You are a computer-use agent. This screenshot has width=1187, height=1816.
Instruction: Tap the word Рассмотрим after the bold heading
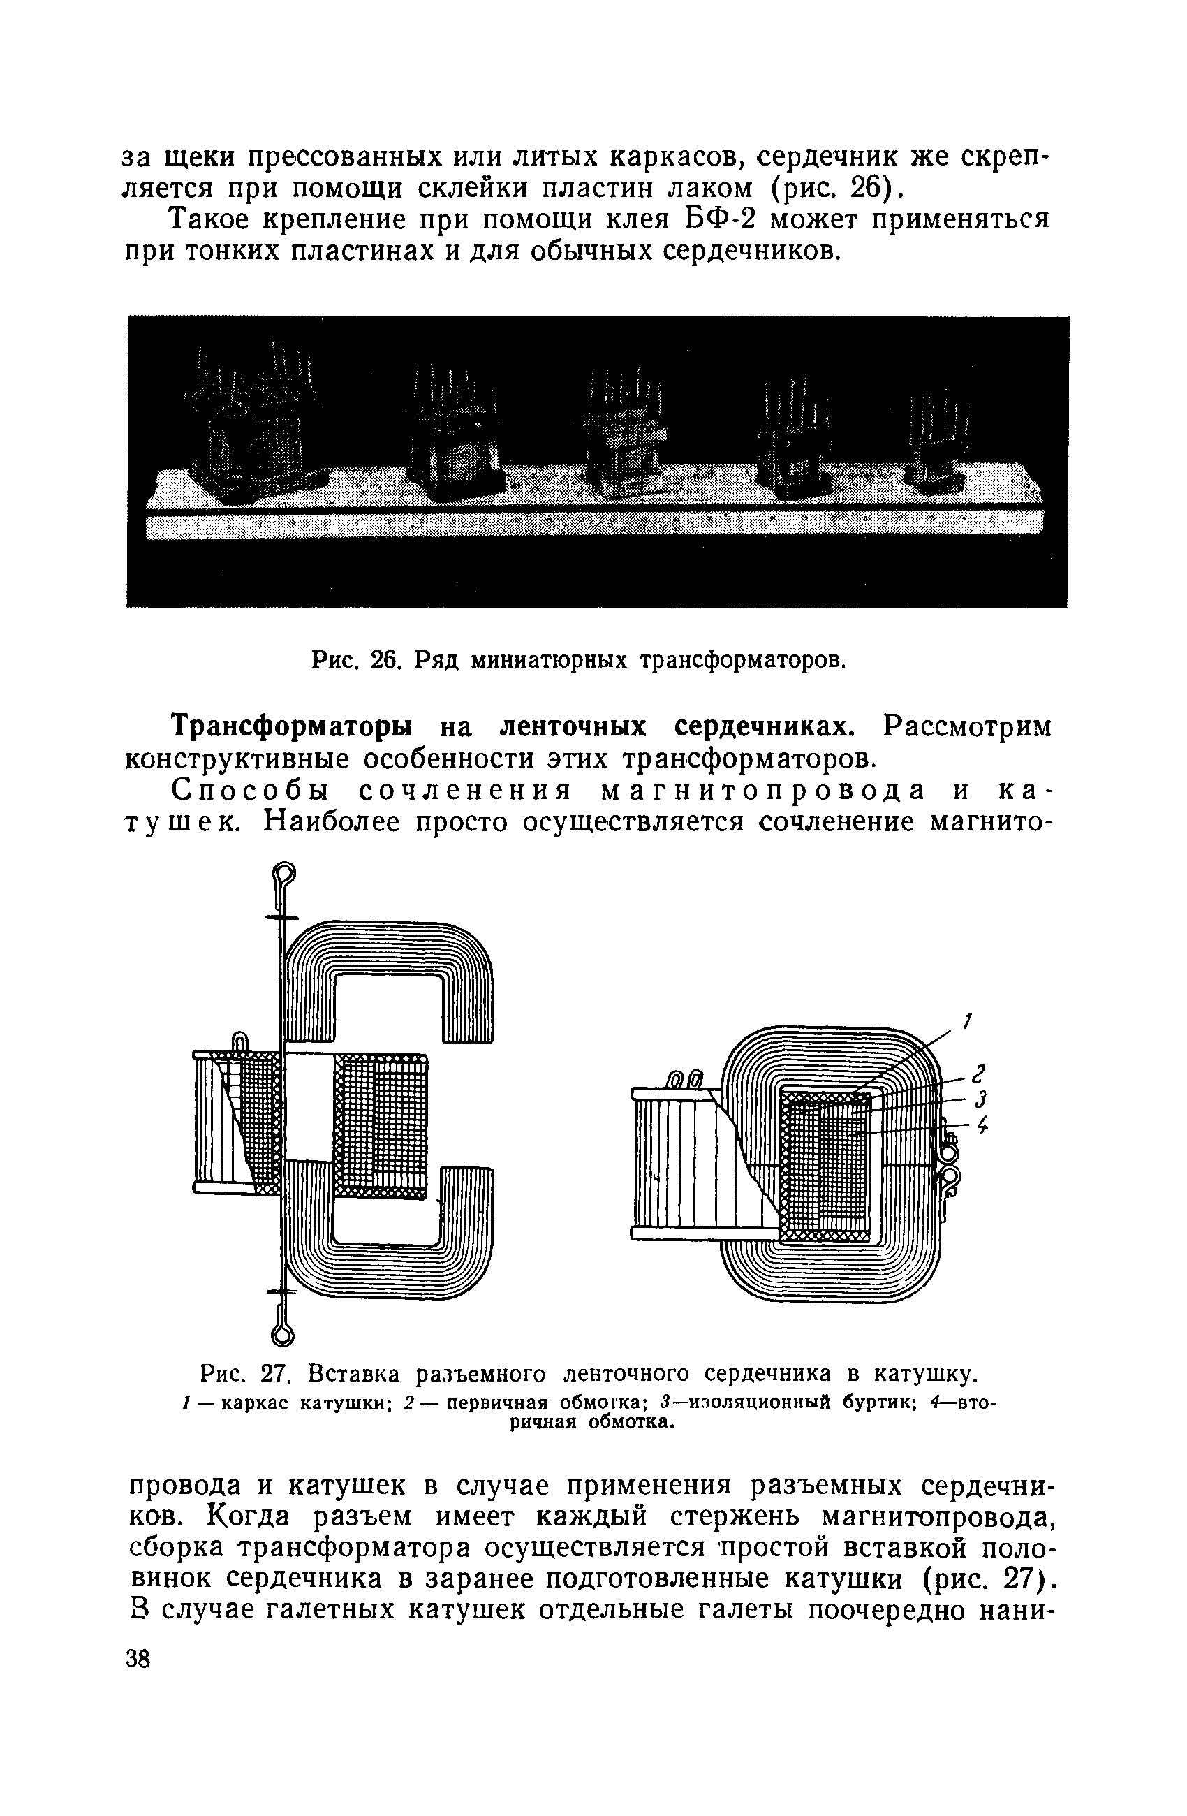point(966,727)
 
